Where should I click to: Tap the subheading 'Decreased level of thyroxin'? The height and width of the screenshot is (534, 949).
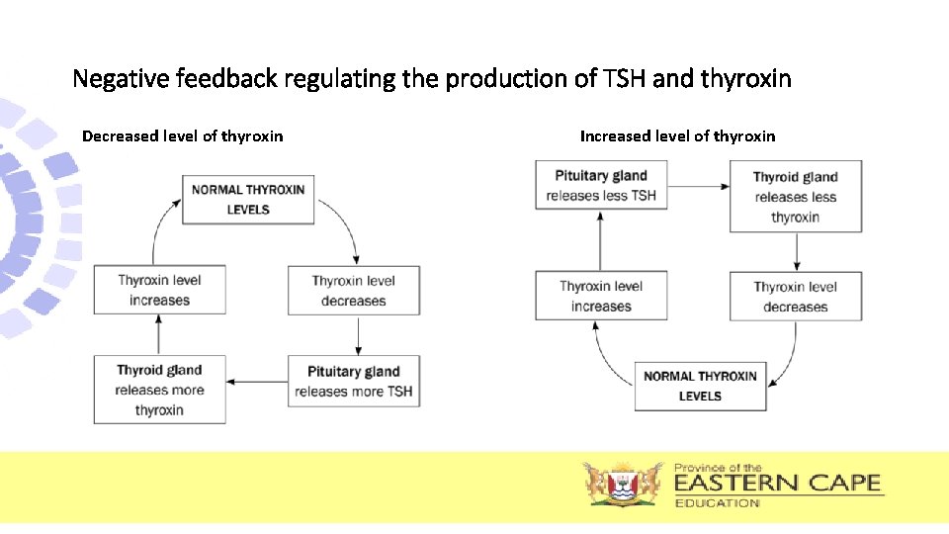[182, 136]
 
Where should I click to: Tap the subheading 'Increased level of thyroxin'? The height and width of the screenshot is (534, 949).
[677, 136]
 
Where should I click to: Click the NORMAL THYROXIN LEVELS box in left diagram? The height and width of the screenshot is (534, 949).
[248, 199]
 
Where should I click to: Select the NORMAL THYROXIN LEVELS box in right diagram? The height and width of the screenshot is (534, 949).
[700, 386]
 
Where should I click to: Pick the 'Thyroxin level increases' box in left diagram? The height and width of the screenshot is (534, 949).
[160, 290]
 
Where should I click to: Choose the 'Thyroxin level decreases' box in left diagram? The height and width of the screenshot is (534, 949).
[353, 290]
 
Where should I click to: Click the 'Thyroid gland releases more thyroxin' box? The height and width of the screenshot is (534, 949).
[159, 390]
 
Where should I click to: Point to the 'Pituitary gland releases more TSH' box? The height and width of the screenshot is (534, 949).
[353, 381]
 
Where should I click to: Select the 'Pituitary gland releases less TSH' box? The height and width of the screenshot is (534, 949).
[601, 186]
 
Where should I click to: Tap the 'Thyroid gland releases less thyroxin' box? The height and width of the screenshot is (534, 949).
[796, 196]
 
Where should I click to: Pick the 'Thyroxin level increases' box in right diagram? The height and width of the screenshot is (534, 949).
[601, 296]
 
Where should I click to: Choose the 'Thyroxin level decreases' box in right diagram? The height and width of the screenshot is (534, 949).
[796, 296]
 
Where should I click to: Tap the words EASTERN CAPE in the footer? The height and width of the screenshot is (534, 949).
[777, 484]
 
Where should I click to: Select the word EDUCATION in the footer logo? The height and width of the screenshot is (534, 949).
[718, 503]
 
